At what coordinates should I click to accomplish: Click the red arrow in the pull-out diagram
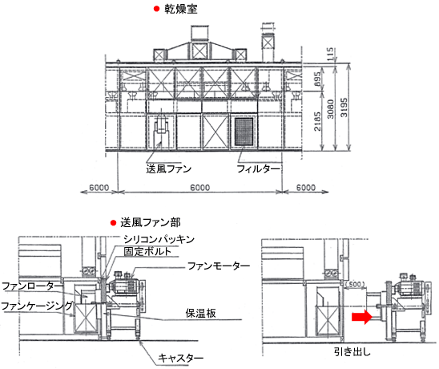[362, 317]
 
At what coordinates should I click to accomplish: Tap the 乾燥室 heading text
[181, 9]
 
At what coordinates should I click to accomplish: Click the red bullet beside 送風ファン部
[113, 223]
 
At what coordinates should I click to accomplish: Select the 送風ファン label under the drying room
[168, 168]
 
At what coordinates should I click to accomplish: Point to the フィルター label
[258, 168]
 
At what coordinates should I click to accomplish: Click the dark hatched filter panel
[244, 132]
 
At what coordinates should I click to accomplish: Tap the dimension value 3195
[344, 107]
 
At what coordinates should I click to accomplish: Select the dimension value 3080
[331, 109]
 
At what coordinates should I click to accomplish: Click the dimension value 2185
[317, 121]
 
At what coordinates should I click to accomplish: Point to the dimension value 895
[317, 79]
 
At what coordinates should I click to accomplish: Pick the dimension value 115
[331, 54]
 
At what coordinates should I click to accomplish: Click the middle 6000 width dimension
[200, 187]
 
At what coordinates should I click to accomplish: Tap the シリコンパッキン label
[159, 239]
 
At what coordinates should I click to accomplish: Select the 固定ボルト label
[147, 251]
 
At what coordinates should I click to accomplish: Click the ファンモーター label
[219, 266]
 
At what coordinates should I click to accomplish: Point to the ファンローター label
[33, 286]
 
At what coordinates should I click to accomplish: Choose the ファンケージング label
[37, 306]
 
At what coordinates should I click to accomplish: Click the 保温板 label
[200, 313]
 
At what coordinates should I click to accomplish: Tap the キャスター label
[180, 358]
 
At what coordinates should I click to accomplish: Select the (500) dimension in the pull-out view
[355, 284]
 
